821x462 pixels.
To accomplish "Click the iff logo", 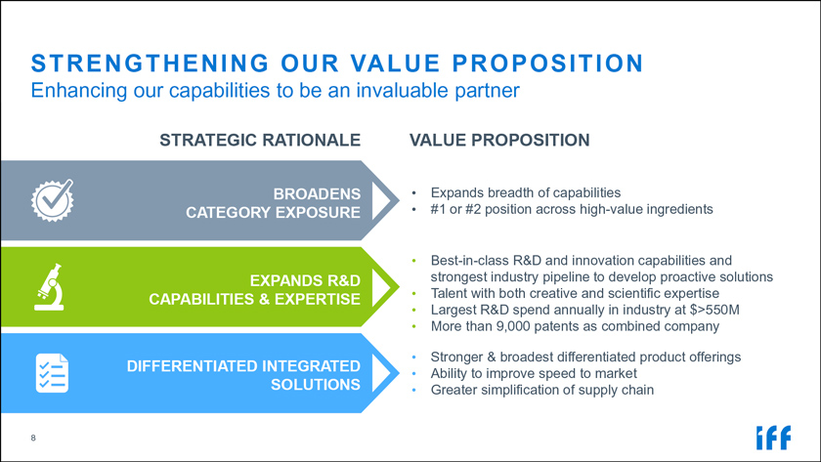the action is point(773,438).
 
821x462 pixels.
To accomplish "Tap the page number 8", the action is point(33,438).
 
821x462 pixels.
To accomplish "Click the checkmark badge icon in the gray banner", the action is point(53,200).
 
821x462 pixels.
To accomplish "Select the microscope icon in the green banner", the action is point(50,287).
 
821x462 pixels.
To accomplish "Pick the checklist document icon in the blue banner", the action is point(52,373).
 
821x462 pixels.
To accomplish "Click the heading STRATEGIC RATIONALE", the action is point(260,141).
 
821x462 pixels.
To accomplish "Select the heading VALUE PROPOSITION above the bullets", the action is point(499,141).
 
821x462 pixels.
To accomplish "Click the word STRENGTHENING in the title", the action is point(150,63).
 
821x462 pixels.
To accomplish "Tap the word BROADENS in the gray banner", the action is point(317,193).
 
